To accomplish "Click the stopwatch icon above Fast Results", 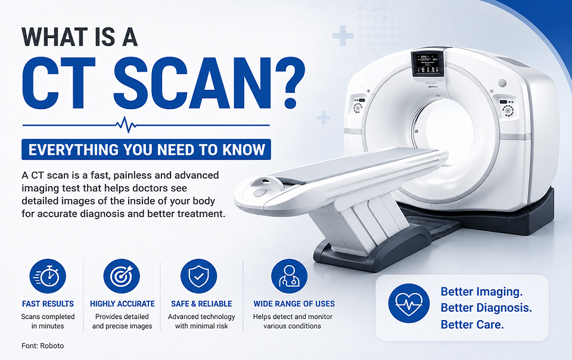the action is pyautogui.click(x=48, y=277).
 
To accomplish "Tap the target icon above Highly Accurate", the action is pyautogui.click(x=122, y=277).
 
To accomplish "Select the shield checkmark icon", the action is pyautogui.click(x=199, y=277).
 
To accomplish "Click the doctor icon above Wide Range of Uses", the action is pyautogui.click(x=289, y=277).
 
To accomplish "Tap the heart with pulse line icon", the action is pyautogui.click(x=409, y=303).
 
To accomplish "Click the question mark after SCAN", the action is pyautogui.click(x=290, y=84).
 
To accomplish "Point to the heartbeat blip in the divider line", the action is pyautogui.click(x=126, y=125).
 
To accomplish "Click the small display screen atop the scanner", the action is pyautogui.click(x=427, y=63).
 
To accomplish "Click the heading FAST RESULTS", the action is pyautogui.click(x=48, y=304).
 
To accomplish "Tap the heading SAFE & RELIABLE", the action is pyautogui.click(x=201, y=304).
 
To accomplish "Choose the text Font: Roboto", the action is pyautogui.click(x=43, y=346).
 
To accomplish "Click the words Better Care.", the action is pyautogui.click(x=472, y=324).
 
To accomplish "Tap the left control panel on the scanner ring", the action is pyautogui.click(x=358, y=104).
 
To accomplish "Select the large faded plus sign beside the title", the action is pyautogui.click(x=343, y=36).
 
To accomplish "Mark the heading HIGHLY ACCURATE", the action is pyautogui.click(x=122, y=304).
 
